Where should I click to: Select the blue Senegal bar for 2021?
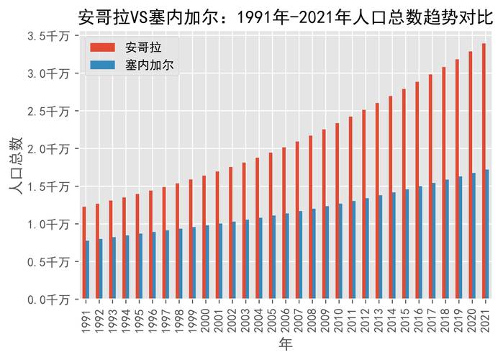coord(487,234)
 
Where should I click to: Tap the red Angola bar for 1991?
coord(83,253)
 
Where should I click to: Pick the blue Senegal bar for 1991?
coord(87,270)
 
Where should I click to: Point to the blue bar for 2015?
coord(407,244)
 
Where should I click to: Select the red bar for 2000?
coord(204,238)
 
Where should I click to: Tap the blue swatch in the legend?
coord(102,65)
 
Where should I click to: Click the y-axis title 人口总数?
coord(16,166)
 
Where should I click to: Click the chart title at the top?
coord(286,14)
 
